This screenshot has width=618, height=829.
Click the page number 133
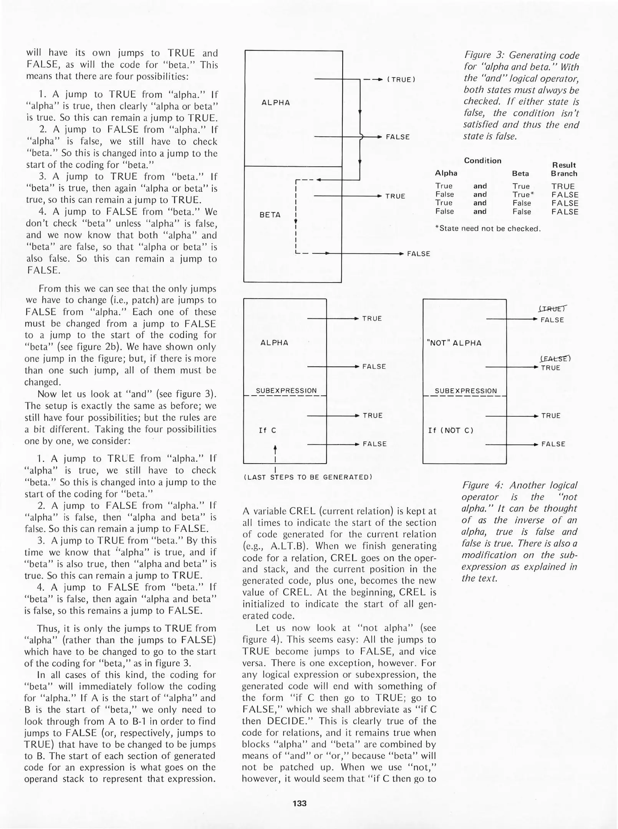pyautogui.click(x=299, y=803)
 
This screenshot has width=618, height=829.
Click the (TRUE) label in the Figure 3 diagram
pyautogui.click(x=401, y=80)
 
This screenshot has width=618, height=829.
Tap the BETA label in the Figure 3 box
pyautogui.click(x=270, y=215)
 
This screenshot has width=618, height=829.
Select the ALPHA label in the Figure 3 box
pyautogui.click(x=275, y=102)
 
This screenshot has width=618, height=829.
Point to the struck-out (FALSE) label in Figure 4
pyautogui.click(x=555, y=359)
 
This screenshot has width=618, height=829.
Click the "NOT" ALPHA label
pyautogui.click(x=454, y=343)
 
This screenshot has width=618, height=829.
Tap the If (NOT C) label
pyautogui.click(x=451, y=430)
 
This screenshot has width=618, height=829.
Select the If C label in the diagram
pyautogui.click(x=268, y=430)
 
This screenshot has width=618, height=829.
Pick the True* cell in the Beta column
pyautogui.click(x=523, y=195)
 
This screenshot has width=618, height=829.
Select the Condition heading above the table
pyautogui.click(x=482, y=161)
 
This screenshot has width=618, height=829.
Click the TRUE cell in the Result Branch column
pyautogui.click(x=563, y=187)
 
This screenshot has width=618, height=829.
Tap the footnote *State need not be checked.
pyautogui.click(x=488, y=229)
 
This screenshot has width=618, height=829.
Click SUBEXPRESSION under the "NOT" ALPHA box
pyautogui.click(x=466, y=391)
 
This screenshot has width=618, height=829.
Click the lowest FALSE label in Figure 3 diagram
pyautogui.click(x=418, y=254)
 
